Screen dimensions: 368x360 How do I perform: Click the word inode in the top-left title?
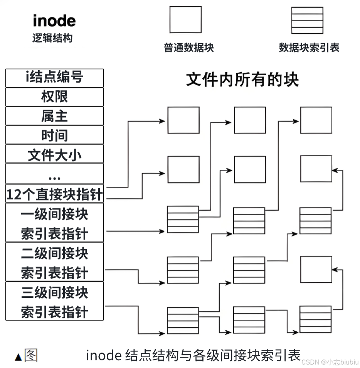click(x=54, y=21)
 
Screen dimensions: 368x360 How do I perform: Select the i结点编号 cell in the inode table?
click(x=54, y=78)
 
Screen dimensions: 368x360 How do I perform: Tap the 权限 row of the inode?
click(x=54, y=97)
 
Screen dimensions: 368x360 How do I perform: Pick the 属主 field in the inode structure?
click(x=54, y=116)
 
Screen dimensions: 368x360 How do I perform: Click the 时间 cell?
click(x=54, y=135)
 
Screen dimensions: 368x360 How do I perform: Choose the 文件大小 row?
click(x=54, y=154)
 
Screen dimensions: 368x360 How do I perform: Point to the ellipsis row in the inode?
click(x=54, y=174)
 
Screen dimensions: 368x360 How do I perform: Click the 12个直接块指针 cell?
click(x=54, y=194)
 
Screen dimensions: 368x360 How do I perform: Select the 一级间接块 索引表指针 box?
click(x=54, y=223)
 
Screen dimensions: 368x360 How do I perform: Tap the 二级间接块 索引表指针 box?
click(x=54, y=262)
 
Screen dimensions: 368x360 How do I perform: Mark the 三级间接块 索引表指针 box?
click(x=54, y=301)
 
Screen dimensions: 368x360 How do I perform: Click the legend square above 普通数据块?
click(x=185, y=20)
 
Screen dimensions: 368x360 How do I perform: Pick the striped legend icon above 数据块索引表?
click(x=307, y=20)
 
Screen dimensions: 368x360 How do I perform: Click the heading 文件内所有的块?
click(x=242, y=80)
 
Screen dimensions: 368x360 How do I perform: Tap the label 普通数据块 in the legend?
click(x=188, y=48)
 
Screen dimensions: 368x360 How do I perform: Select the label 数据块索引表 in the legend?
click(x=309, y=48)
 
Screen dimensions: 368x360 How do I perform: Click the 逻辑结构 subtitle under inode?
click(x=52, y=38)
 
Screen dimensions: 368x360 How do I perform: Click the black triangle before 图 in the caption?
click(x=18, y=357)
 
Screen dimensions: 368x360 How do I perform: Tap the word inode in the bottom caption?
click(x=103, y=355)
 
